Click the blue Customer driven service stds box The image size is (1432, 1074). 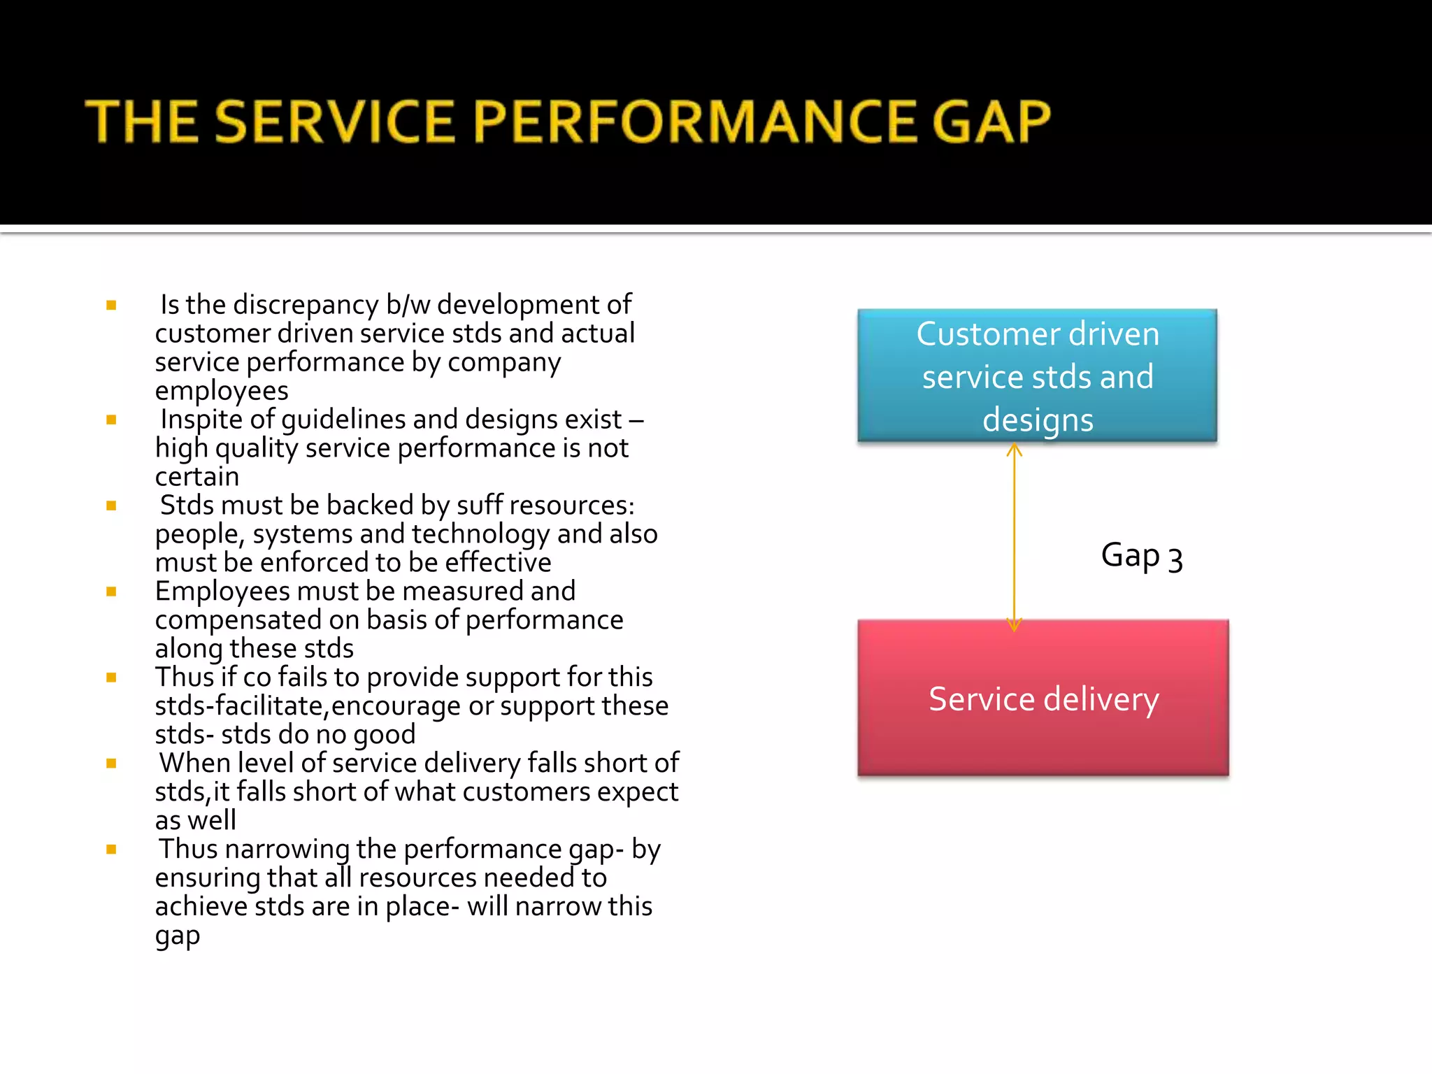click(1037, 375)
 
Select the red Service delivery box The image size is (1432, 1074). click(1043, 698)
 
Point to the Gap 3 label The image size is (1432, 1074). click(1141, 556)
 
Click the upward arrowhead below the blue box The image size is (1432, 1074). click(1014, 451)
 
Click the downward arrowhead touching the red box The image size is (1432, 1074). click(1014, 624)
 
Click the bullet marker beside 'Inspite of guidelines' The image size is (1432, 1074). click(111, 420)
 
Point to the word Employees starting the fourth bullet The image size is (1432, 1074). click(222, 592)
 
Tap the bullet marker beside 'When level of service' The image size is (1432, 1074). click(111, 764)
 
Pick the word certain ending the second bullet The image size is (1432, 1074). click(197, 477)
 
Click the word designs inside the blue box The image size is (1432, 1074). click(1038, 420)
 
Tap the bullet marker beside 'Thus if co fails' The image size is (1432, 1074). click(111, 678)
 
